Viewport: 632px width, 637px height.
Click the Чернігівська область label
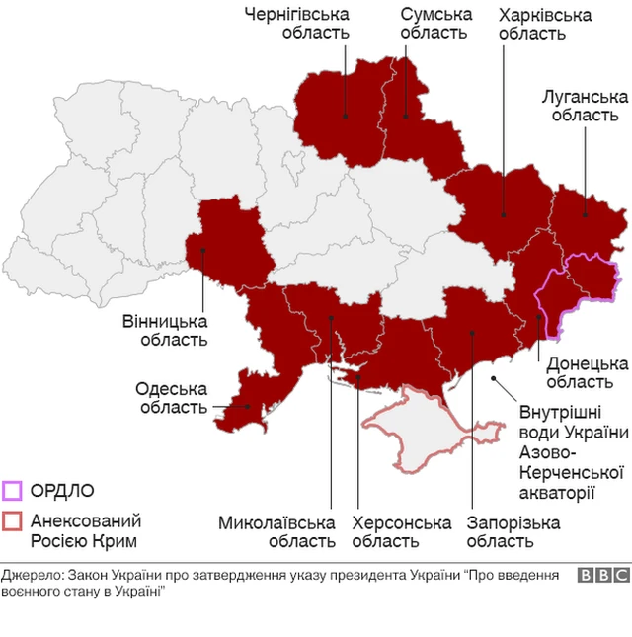298,23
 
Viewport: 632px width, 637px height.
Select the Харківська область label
545,23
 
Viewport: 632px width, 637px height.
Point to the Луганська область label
585,105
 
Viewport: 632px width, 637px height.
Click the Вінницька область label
165,331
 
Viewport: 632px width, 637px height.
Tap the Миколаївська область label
276,531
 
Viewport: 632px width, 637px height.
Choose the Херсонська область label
402,531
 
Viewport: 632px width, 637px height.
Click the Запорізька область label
513,531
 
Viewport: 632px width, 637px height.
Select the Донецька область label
586,372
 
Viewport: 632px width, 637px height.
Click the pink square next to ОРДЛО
12,490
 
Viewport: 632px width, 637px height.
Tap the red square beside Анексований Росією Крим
12,520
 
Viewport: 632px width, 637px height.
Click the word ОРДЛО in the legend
62,490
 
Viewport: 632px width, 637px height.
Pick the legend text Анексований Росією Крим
85,530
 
